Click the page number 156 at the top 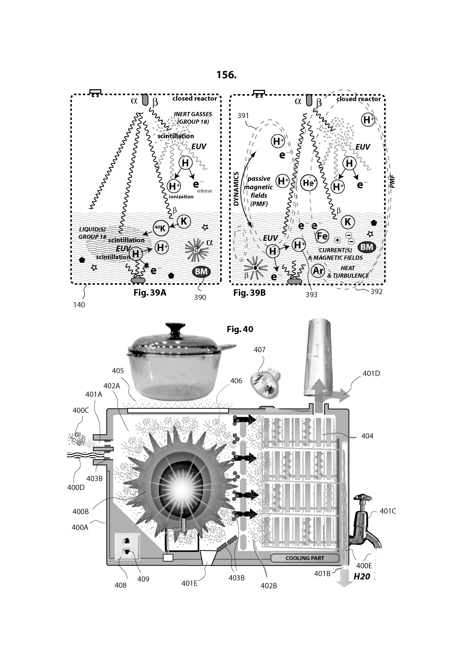[x=227, y=75]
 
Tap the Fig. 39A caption [x=150, y=293]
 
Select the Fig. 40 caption [x=240, y=329]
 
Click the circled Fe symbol [x=322, y=236]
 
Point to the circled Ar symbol [x=318, y=271]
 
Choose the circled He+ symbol [x=309, y=183]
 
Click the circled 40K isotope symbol [x=160, y=228]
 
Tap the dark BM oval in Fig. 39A [x=201, y=272]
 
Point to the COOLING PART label [x=305, y=558]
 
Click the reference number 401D [x=371, y=373]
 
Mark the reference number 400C [x=81, y=410]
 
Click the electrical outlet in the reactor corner [x=127, y=547]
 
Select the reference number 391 [x=243, y=116]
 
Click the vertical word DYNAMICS [x=236, y=188]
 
